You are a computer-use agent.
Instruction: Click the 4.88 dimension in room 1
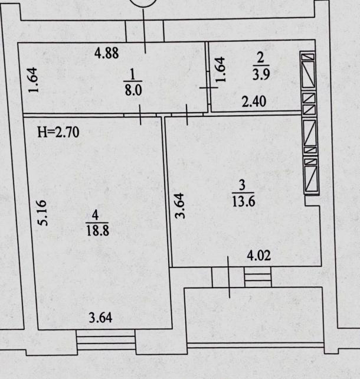[x=107, y=53]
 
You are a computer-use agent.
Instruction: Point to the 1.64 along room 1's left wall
[x=33, y=80]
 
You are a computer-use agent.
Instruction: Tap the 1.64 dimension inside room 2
[x=220, y=70]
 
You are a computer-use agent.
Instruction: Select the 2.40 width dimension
[x=254, y=102]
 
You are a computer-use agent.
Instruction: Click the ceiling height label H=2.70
[x=58, y=132]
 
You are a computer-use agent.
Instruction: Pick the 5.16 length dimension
[x=42, y=213]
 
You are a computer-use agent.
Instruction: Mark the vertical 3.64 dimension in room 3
[x=180, y=206]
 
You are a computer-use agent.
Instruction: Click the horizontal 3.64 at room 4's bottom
[x=100, y=318]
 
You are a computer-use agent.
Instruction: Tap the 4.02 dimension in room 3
[x=258, y=256]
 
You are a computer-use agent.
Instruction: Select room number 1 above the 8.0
[x=132, y=74]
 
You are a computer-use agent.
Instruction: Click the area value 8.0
[x=133, y=90]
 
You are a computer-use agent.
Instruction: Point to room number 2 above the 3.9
[x=260, y=58]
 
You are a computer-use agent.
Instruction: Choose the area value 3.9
[x=261, y=74]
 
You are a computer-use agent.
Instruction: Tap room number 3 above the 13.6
[x=242, y=185]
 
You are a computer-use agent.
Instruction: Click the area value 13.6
[x=243, y=201]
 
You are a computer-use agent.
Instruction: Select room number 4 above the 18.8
[x=96, y=215]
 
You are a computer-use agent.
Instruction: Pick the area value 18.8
[x=97, y=230]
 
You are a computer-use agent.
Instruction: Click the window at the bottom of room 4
[x=106, y=340]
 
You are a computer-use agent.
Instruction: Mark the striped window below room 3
[x=258, y=277]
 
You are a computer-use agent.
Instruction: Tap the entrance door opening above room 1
[x=145, y=31]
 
